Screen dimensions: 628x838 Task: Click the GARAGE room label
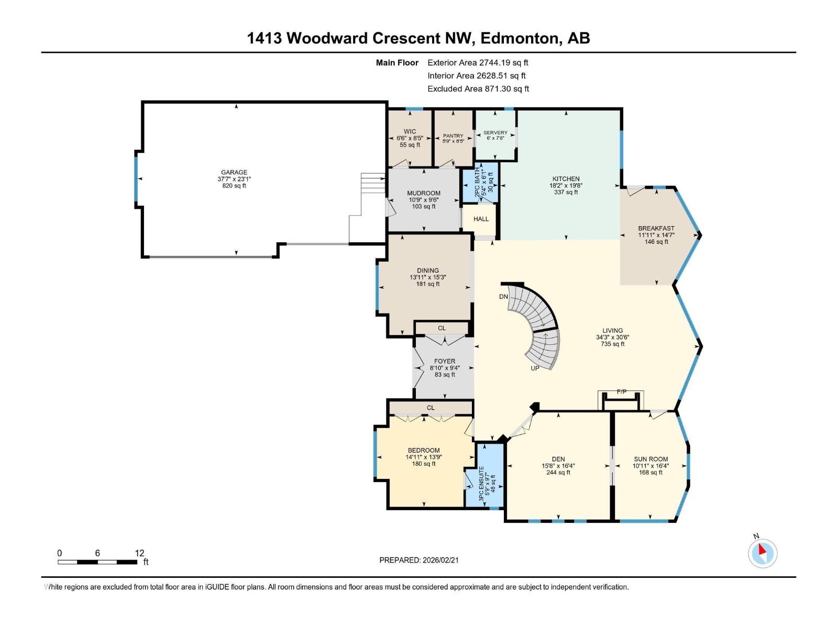coord(234,172)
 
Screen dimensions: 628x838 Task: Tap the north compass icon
coord(763,553)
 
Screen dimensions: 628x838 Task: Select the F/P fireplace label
coord(622,391)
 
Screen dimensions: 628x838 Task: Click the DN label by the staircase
coord(503,297)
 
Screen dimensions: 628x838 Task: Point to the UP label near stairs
coord(535,368)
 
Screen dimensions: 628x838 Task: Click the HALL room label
coord(481,219)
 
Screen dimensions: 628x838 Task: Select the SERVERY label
coord(495,133)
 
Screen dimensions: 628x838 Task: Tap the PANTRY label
coord(453,136)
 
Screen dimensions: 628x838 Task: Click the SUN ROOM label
coord(650,459)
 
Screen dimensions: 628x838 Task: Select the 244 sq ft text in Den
coord(558,473)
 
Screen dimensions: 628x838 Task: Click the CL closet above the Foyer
coord(442,328)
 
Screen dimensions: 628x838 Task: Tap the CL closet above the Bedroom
coord(430,408)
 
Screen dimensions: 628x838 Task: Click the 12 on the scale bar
coord(139,553)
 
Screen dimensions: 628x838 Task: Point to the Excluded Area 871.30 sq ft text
coord(478,89)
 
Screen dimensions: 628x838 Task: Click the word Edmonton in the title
coord(520,38)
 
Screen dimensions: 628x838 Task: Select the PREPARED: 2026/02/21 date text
coord(419,560)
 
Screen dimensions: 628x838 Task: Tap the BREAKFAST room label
coord(656,228)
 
